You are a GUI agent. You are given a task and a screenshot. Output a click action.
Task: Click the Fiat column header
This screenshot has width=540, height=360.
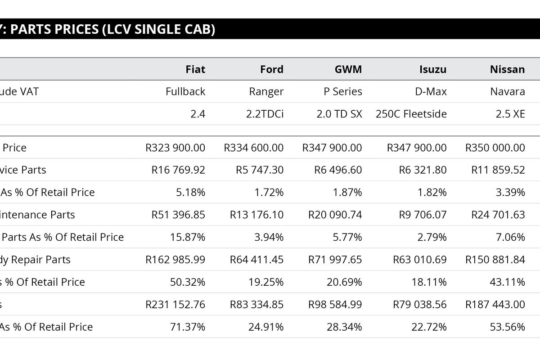pyautogui.click(x=195, y=69)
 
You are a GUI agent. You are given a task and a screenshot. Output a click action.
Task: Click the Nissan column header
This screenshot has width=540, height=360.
pyautogui.click(x=507, y=69)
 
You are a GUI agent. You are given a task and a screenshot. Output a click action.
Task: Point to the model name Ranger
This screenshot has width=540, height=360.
pyautogui.click(x=266, y=92)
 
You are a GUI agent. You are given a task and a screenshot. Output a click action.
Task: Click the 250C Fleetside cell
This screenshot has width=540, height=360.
pyautogui.click(x=411, y=114)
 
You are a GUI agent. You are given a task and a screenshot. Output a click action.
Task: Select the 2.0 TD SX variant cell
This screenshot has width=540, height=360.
pyautogui.click(x=339, y=114)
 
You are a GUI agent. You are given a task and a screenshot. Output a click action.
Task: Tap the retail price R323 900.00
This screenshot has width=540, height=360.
pyautogui.click(x=175, y=148)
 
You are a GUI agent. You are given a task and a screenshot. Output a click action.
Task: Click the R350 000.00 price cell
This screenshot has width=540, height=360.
pyautogui.click(x=495, y=148)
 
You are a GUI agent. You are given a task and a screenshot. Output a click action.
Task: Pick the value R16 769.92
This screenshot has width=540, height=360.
pyautogui.click(x=178, y=170)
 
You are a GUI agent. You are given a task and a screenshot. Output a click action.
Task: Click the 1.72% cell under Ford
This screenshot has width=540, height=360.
pyautogui.click(x=269, y=193)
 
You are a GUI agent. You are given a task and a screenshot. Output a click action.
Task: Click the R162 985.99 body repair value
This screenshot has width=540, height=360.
pyautogui.click(x=175, y=260)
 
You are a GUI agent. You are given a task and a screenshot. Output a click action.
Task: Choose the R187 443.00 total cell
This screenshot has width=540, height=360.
pyautogui.click(x=495, y=305)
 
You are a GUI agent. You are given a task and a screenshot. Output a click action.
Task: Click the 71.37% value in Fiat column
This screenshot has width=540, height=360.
pyautogui.click(x=188, y=327)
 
